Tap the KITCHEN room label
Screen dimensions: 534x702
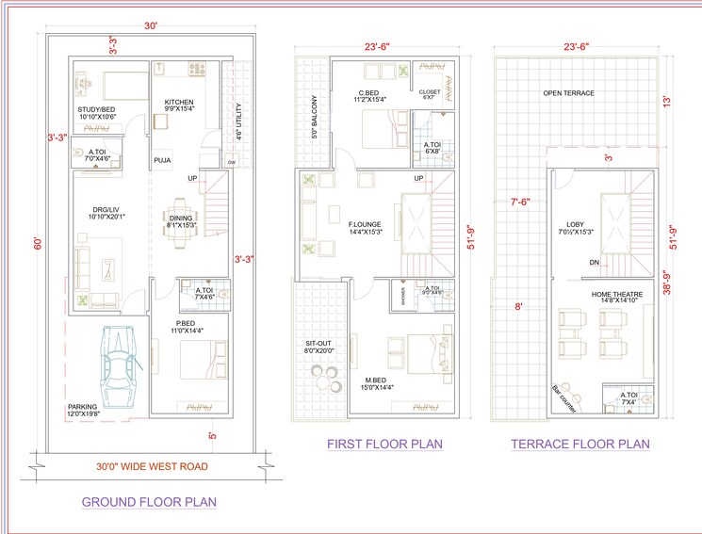point(179,103)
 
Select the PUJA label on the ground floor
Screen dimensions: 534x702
point(164,161)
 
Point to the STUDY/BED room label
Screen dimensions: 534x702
point(97,110)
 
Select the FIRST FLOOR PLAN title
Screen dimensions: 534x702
point(384,444)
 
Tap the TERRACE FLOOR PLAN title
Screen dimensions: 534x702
point(580,444)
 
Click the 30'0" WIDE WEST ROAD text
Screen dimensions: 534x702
point(152,465)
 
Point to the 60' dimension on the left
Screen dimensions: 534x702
point(37,242)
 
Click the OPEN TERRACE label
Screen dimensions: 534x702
point(568,93)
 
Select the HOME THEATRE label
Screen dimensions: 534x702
point(614,295)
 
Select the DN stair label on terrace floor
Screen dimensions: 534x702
point(595,263)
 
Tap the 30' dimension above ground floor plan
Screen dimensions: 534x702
point(151,26)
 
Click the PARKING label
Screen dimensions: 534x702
point(82,408)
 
